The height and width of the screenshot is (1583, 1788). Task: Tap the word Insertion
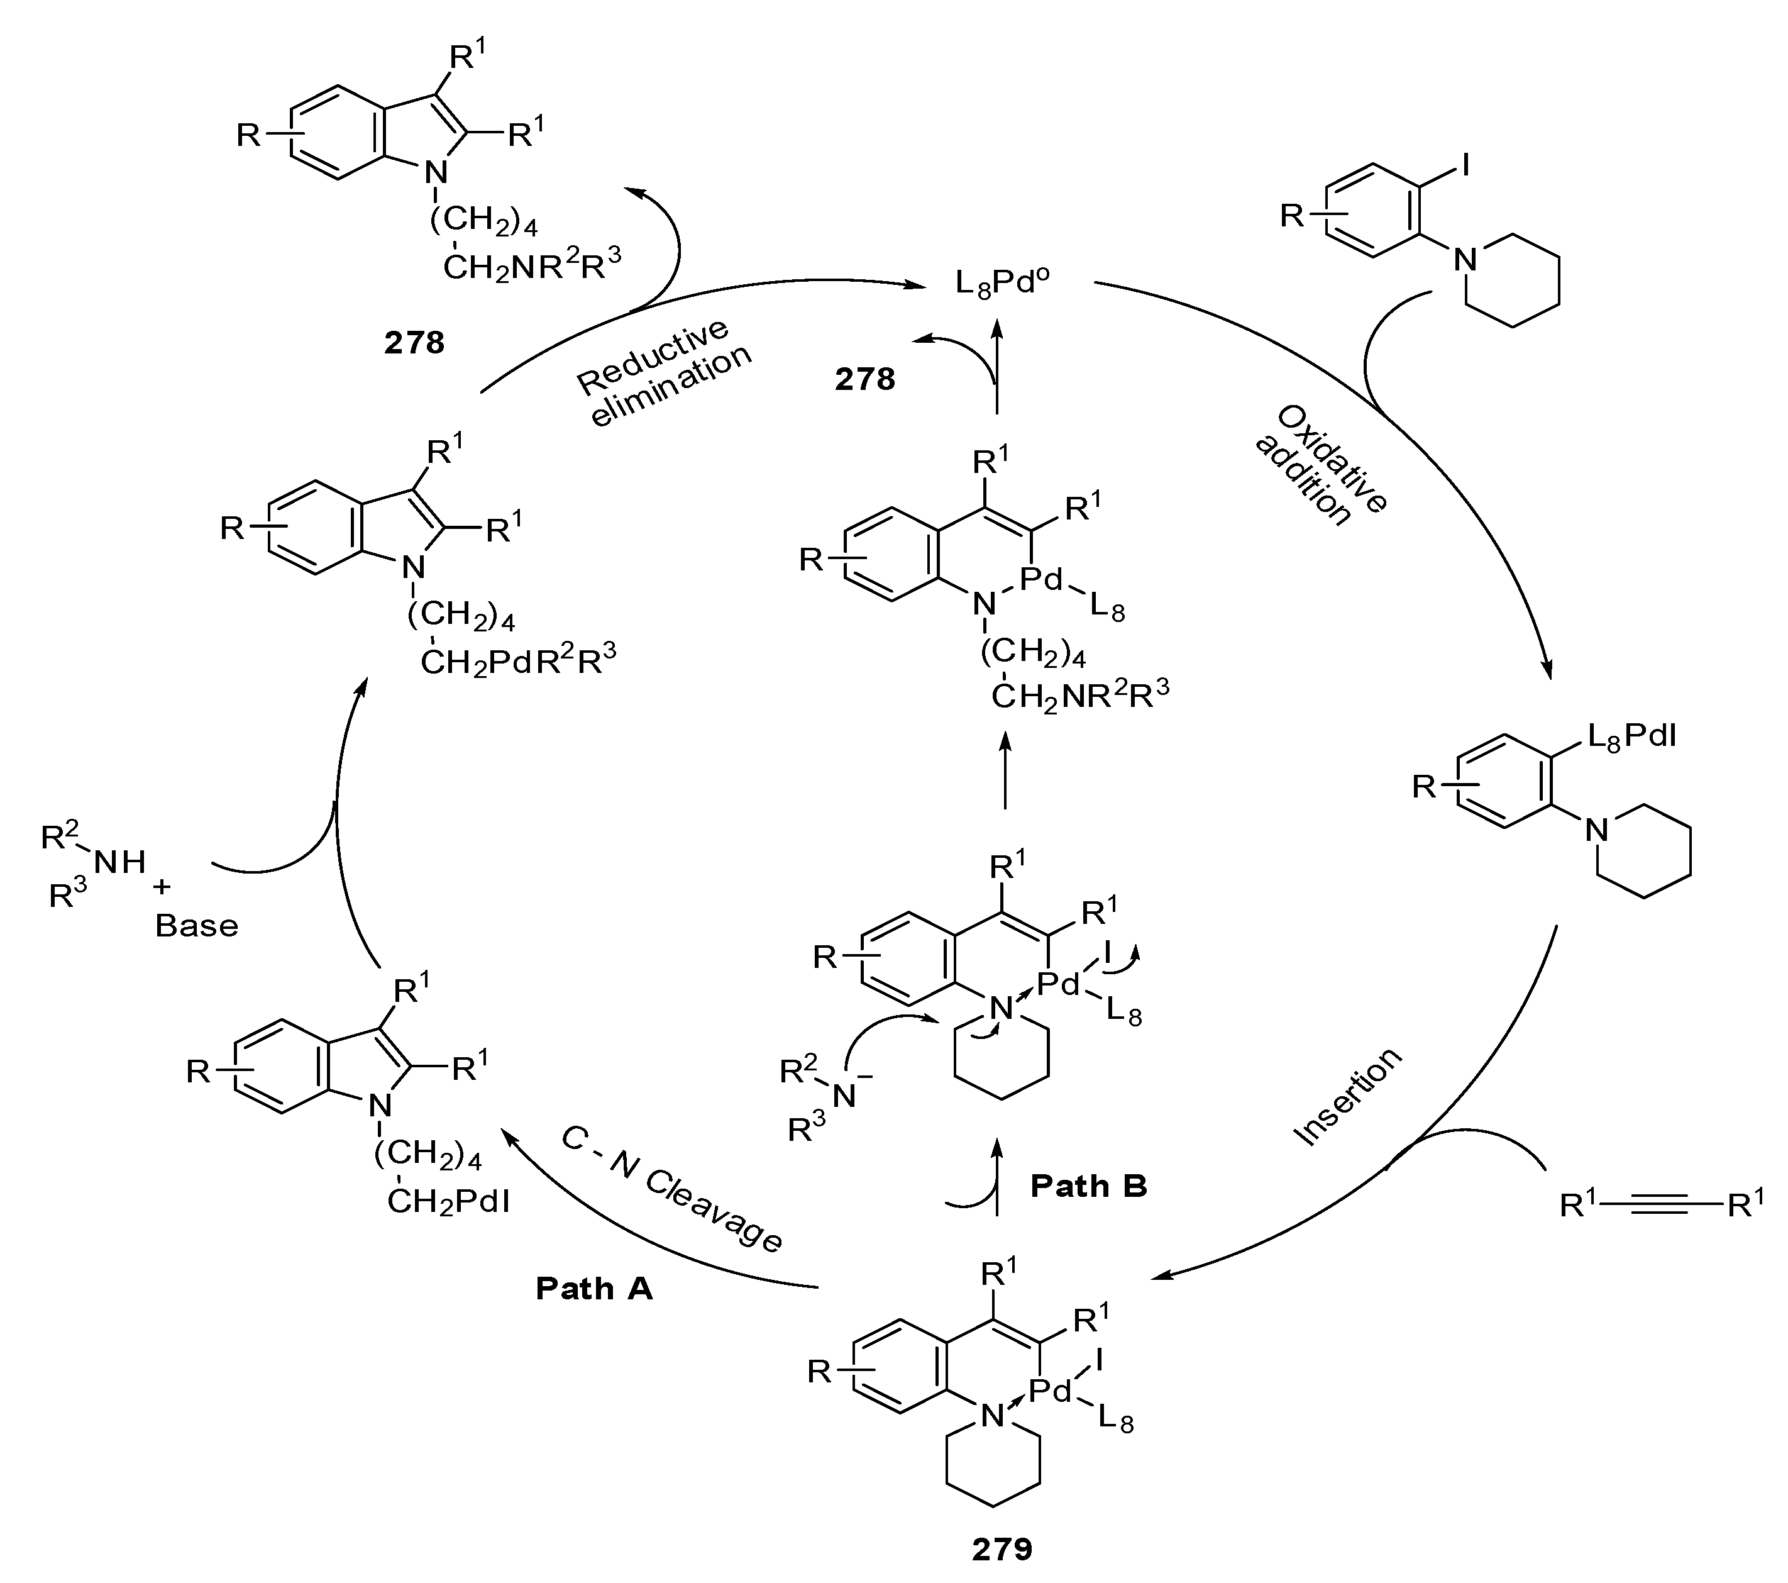tap(1348, 1096)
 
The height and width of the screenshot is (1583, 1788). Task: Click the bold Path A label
tap(594, 1288)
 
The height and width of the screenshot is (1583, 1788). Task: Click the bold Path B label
tap(1088, 1186)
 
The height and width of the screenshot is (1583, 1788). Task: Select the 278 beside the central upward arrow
tap(864, 379)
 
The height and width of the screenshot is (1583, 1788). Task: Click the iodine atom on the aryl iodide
tap(1466, 164)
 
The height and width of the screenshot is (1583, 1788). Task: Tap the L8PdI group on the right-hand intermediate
tap(1631, 738)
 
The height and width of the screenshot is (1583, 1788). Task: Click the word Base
tap(196, 926)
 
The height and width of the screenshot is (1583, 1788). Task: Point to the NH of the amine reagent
tap(120, 863)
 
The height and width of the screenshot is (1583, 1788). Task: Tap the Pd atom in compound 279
tap(1050, 1391)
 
